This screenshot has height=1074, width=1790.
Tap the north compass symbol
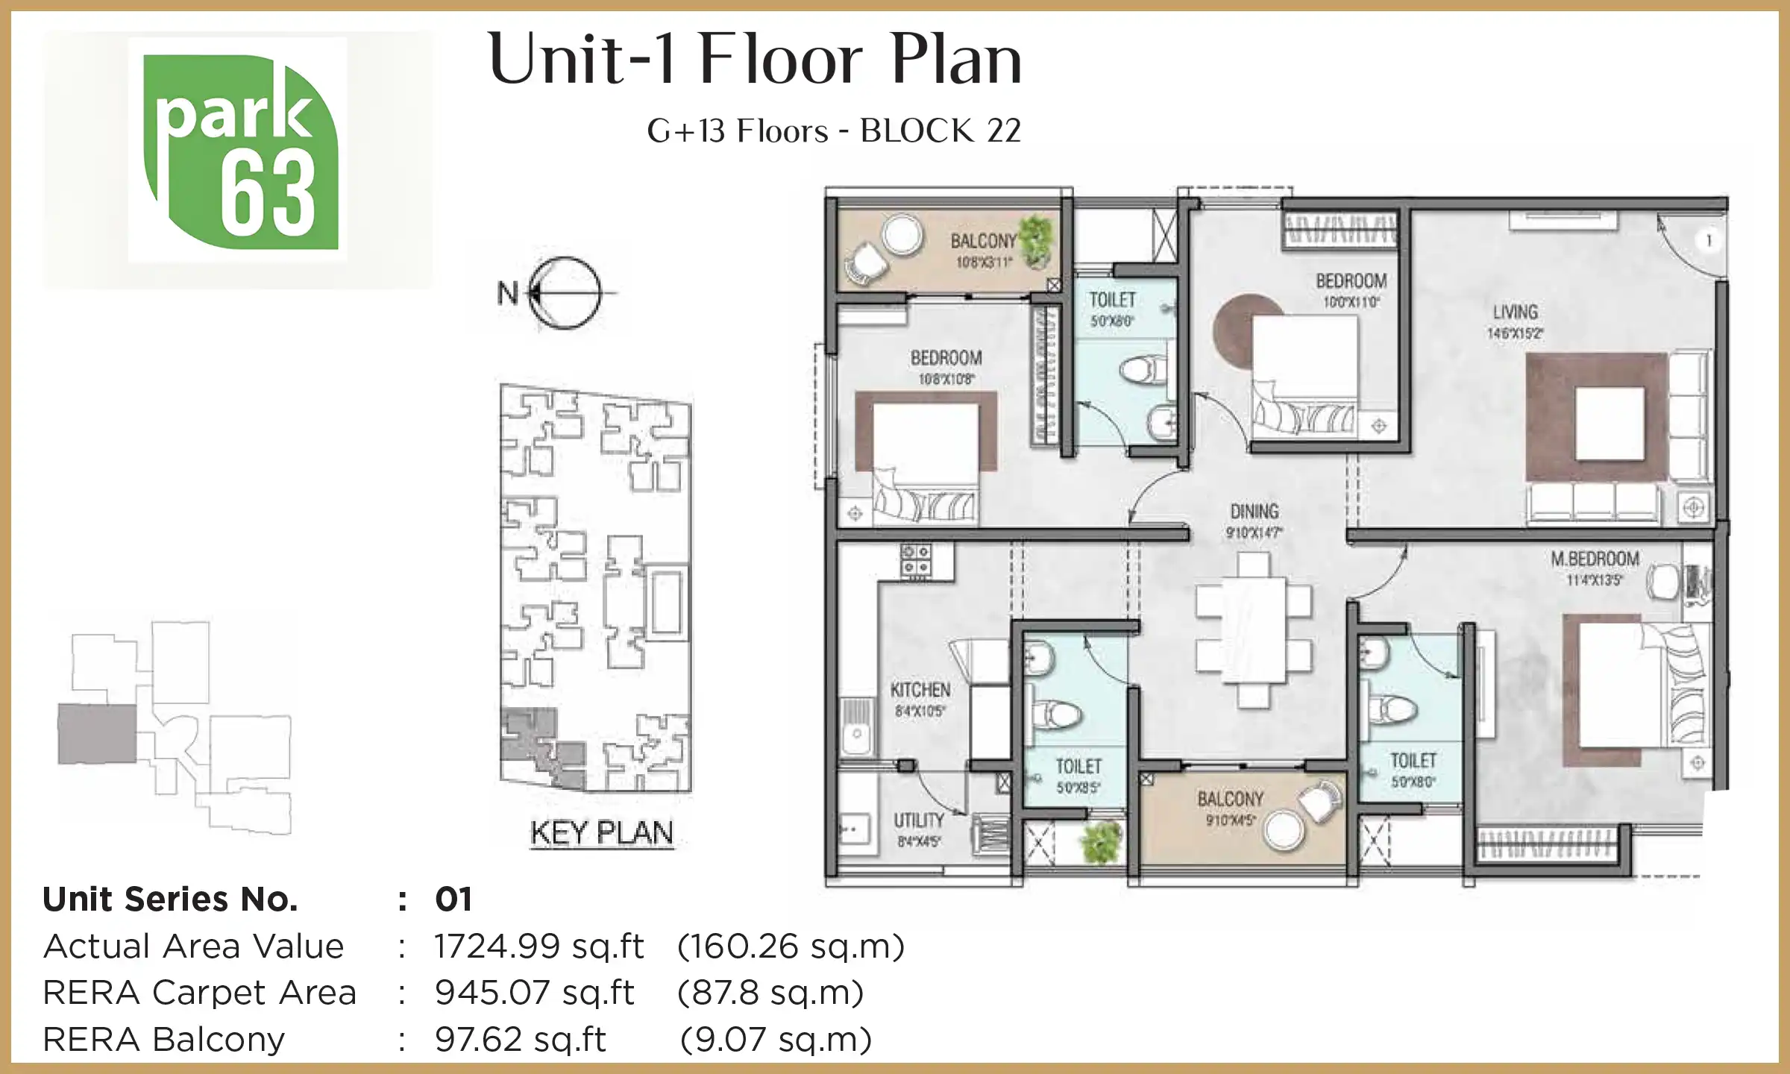click(565, 293)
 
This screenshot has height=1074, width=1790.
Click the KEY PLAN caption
click(601, 832)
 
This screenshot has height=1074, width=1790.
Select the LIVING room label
click(1515, 312)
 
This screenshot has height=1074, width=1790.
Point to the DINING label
click(1254, 512)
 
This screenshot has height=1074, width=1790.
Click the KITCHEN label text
click(920, 690)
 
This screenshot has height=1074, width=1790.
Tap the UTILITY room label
click(919, 820)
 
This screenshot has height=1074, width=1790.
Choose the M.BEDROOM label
click(1595, 559)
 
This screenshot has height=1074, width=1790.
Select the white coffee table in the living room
click(1610, 423)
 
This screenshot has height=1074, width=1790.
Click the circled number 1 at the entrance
click(1709, 240)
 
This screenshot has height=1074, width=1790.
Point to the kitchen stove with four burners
click(916, 560)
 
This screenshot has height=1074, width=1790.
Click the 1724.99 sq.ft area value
click(538, 946)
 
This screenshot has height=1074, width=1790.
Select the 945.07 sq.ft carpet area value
click(534, 993)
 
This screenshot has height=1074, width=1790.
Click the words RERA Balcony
click(164, 1040)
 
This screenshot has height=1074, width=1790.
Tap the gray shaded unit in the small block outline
click(97, 734)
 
